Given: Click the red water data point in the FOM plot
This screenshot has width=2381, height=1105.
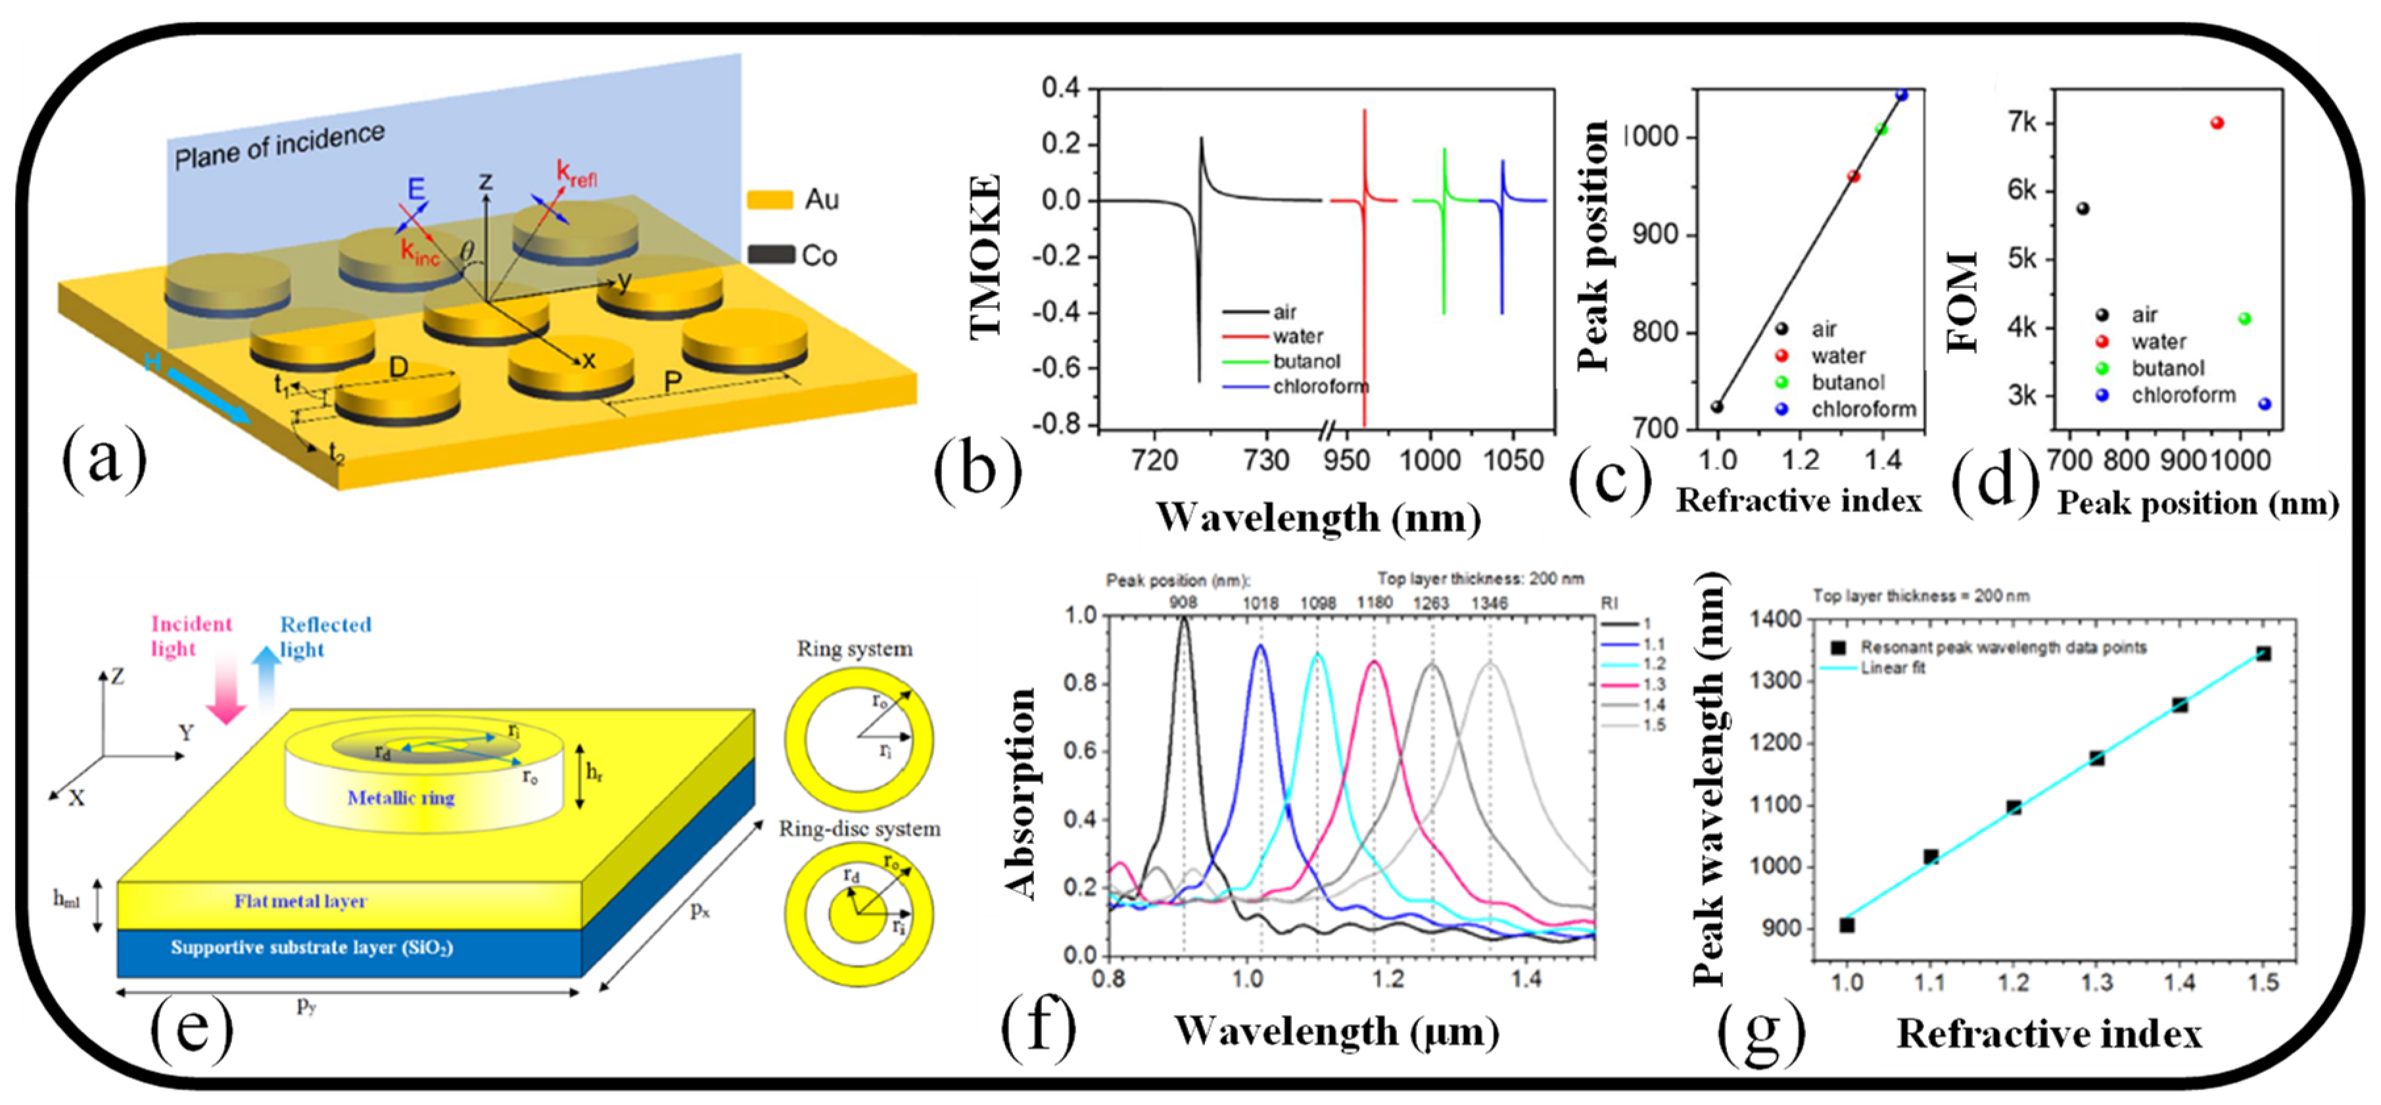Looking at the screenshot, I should click(2217, 123).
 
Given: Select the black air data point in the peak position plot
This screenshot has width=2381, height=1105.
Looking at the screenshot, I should click(1716, 407).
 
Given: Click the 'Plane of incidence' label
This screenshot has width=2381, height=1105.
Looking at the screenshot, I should click(279, 146).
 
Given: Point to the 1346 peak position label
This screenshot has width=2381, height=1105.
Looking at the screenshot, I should click(1489, 603).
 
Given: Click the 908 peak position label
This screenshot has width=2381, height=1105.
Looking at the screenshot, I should click(1183, 603).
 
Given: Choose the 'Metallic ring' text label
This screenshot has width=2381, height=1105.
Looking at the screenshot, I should click(401, 798).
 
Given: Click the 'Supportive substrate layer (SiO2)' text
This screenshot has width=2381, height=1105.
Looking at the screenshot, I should click(312, 947).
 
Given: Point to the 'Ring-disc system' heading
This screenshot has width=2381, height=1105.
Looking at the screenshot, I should click(860, 829).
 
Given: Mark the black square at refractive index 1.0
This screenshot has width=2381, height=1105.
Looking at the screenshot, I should click(1846, 925).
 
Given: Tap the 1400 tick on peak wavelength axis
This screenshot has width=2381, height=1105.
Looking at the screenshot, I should click(1776, 619).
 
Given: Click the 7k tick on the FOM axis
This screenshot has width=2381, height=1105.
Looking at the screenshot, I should click(2021, 123).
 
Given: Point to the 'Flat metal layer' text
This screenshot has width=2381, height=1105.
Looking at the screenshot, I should click(300, 900).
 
